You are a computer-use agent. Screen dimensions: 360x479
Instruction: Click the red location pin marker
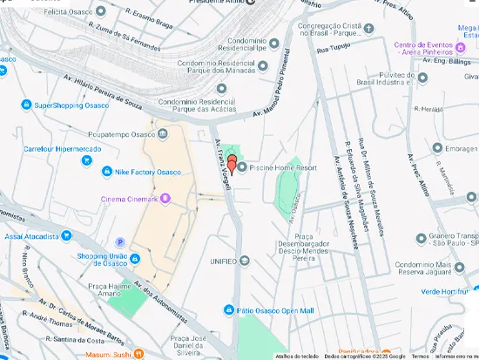pyautogui.click(x=232, y=163)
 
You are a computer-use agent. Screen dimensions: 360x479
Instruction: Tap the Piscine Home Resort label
pyautogui.click(x=283, y=167)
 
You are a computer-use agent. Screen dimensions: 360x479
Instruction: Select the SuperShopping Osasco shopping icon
pyautogui.click(x=25, y=105)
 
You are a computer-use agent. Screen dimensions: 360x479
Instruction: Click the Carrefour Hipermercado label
pyautogui.click(x=63, y=149)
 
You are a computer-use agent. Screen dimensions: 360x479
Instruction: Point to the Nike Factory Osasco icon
pyautogui.click(x=107, y=172)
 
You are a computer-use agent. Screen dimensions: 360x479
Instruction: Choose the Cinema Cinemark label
pyautogui.click(x=130, y=199)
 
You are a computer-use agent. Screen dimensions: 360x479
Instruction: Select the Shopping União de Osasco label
pyautogui.click(x=103, y=260)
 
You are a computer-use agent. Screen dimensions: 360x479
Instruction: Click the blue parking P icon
pyautogui.click(x=120, y=241)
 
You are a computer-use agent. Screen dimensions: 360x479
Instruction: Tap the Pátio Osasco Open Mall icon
pyautogui.click(x=227, y=309)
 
